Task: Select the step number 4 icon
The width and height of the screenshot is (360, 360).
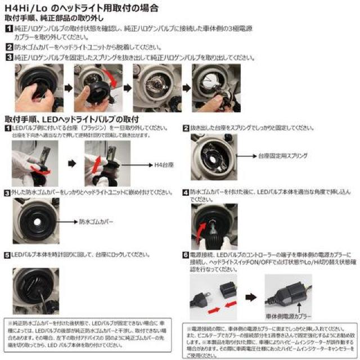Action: tap(186, 192)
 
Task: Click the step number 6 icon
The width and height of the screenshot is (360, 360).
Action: tap(186, 255)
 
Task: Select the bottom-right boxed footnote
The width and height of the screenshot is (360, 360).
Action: tap(269, 342)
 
